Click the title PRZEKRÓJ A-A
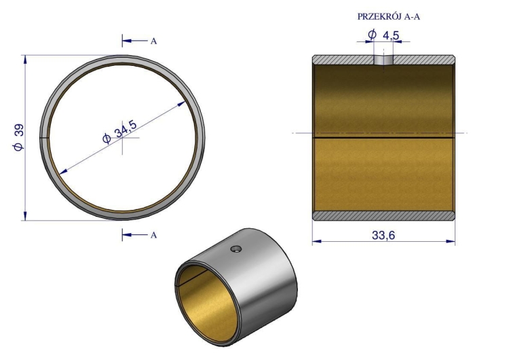(x=389, y=16)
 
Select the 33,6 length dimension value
(x=383, y=235)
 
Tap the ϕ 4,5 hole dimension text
(x=383, y=34)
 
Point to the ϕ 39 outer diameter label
(x=18, y=137)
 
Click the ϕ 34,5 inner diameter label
(x=119, y=131)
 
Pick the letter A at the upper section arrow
(x=153, y=41)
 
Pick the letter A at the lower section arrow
(x=153, y=235)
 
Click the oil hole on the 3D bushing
(x=236, y=249)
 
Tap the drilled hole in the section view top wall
(x=383, y=60)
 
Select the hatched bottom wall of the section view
(x=383, y=215)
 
